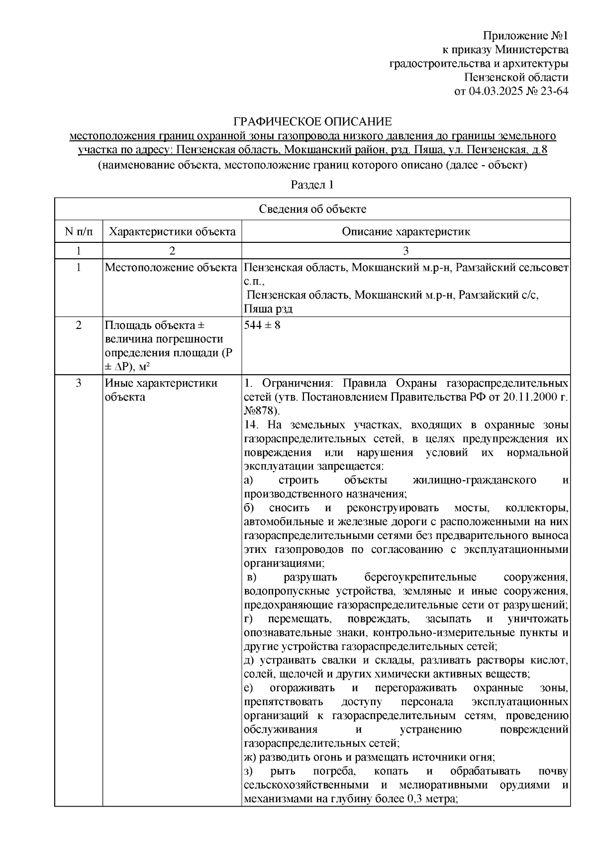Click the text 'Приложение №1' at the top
[x=525, y=36]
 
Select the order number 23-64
[x=553, y=91]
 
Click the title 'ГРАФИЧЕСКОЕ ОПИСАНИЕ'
[x=313, y=121]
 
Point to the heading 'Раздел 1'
[x=312, y=185]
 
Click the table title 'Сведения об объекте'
[x=312, y=209]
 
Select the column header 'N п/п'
[x=78, y=231]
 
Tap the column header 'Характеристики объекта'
[x=172, y=231]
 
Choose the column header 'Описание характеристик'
[x=406, y=231]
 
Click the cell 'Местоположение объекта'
[x=171, y=268]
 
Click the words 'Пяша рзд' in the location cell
[x=268, y=309]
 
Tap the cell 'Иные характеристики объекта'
[x=161, y=390]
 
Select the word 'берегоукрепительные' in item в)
[x=420, y=577]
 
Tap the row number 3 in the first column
[x=78, y=384]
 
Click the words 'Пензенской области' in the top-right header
[x=516, y=77]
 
